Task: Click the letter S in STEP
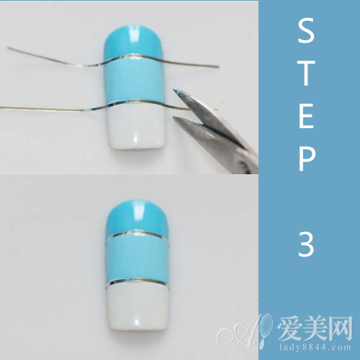point(306,32)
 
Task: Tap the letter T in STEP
point(306,73)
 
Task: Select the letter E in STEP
point(307,116)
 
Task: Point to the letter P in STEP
point(307,158)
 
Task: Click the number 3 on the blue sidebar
point(306,245)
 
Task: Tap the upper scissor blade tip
point(174,89)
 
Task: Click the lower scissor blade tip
point(174,117)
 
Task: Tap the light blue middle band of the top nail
point(135,82)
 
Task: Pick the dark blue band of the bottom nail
point(138,218)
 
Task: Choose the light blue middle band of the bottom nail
point(138,259)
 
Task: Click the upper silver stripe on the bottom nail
point(138,235)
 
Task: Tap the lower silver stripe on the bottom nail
point(138,282)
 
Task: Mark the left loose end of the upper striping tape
point(8,48)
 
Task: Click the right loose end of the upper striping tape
point(218,66)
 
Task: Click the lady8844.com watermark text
point(315,348)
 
